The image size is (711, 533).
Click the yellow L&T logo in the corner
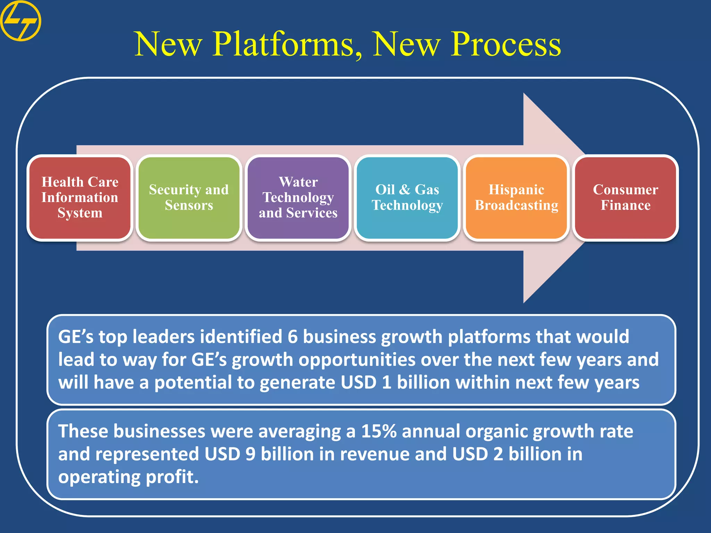pos(20,20)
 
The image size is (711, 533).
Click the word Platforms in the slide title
pos(287,44)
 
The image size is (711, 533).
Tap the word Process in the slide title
pos(505,44)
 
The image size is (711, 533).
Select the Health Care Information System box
pos(80,197)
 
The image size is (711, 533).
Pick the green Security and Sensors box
pos(189,197)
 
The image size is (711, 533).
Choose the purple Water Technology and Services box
pos(298,197)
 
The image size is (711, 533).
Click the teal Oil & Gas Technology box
pos(407,197)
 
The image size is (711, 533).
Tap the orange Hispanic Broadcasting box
pos(516,197)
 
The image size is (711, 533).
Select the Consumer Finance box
pos(625,197)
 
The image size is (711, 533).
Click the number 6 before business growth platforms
pos(293,337)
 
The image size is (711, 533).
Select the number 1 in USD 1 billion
pos(386,382)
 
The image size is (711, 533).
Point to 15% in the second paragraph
pos(379,431)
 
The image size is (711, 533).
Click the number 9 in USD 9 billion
pos(250,454)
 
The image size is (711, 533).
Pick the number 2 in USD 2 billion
pos(498,454)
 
